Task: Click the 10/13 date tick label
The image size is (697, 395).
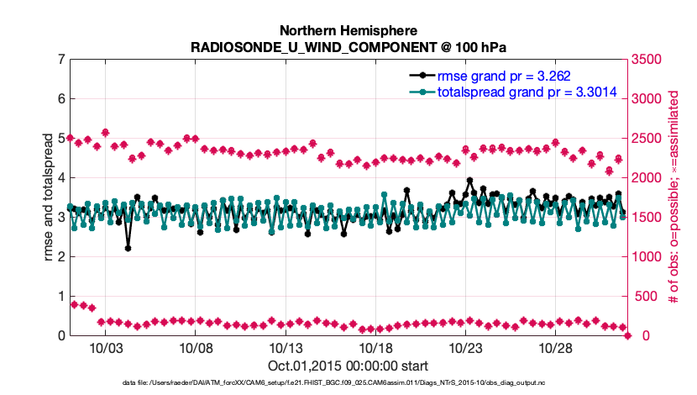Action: pos(285,348)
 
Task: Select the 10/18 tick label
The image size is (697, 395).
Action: pos(375,348)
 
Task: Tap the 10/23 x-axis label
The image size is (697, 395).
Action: pos(465,348)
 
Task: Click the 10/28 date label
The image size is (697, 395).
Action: pos(555,348)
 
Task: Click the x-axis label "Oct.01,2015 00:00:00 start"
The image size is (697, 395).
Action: pos(348,366)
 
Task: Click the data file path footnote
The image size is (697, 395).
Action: pos(348,383)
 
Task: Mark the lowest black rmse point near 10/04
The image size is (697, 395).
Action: pos(128,248)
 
